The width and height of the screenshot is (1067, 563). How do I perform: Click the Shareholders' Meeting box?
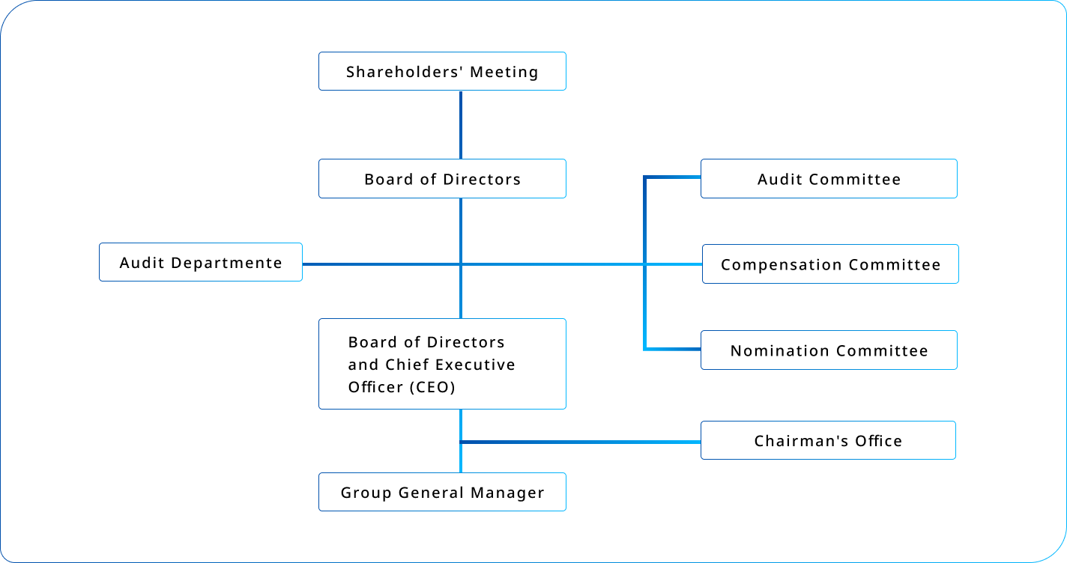click(x=442, y=71)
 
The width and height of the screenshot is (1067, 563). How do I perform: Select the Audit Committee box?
click(x=829, y=178)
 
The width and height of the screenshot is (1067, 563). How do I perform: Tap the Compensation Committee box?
click(x=830, y=264)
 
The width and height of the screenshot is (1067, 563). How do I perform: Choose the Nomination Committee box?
click(x=829, y=350)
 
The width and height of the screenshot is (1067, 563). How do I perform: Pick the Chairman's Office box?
click(x=828, y=440)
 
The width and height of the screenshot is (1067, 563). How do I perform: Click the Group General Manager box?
click(x=442, y=492)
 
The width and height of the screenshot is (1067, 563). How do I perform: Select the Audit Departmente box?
click(x=201, y=262)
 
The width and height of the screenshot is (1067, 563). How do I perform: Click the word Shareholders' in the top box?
click(x=405, y=72)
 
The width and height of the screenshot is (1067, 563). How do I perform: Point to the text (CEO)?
click(x=432, y=387)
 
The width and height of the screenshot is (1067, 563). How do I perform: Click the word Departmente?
click(x=226, y=264)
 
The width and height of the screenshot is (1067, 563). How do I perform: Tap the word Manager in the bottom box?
click(x=507, y=493)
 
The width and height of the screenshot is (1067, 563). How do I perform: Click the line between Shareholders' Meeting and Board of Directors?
click(x=461, y=125)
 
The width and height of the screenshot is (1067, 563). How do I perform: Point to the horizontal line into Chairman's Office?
click(x=581, y=442)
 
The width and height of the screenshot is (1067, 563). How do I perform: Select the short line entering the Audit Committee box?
click(x=672, y=177)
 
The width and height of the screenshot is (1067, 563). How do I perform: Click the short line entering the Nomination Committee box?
click(x=672, y=350)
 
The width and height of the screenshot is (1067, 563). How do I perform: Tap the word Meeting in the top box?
click(x=504, y=73)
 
